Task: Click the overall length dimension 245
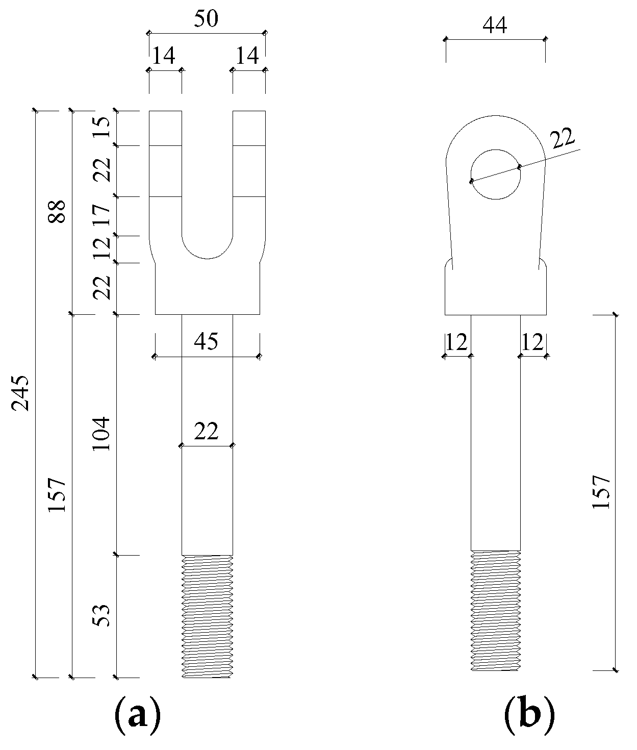point(22,393)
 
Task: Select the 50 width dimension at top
point(206,19)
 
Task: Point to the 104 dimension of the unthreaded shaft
point(101,433)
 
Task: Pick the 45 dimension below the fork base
point(206,341)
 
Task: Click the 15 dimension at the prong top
point(101,128)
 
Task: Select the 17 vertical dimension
point(101,216)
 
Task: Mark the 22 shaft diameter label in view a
point(206,432)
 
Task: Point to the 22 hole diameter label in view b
point(562,139)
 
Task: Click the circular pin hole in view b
point(495,174)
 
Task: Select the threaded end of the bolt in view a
point(207,616)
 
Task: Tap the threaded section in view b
point(495,610)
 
